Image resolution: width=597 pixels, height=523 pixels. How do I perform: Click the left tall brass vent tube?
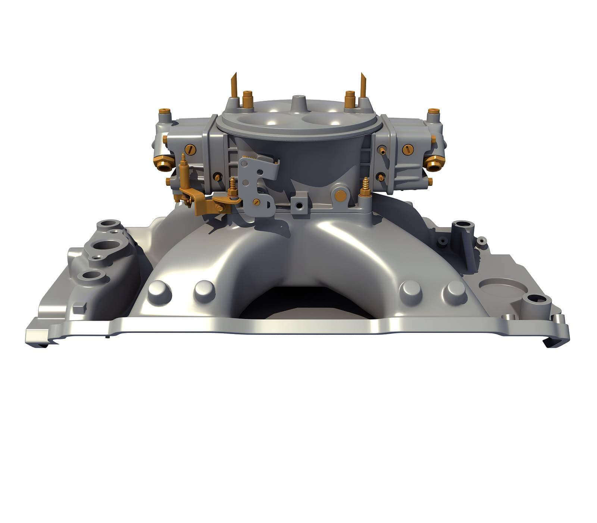pyautogui.click(x=234, y=84)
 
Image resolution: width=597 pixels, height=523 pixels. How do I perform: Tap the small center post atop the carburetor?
pyautogui.click(x=297, y=101)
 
